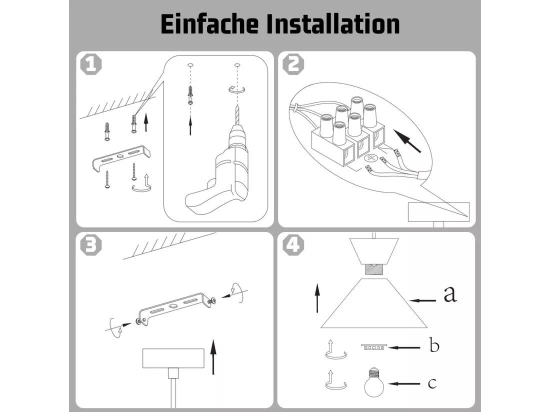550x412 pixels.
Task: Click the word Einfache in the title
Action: (210, 24)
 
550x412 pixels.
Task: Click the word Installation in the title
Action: (333, 24)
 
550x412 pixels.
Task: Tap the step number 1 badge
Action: (91, 64)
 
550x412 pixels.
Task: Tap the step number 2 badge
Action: (293, 64)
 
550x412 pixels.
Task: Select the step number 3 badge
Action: (91, 244)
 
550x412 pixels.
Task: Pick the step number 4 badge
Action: (293, 244)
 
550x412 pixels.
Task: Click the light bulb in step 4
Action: (374, 382)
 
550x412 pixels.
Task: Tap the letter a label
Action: (450, 294)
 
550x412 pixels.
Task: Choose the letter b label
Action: (434, 345)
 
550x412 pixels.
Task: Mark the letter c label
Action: (432, 383)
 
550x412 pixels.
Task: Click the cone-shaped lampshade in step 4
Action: (374, 303)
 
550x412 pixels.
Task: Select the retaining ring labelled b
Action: (374, 347)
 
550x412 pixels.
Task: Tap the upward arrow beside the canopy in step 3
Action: (213, 356)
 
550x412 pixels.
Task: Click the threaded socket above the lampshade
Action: (374, 269)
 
